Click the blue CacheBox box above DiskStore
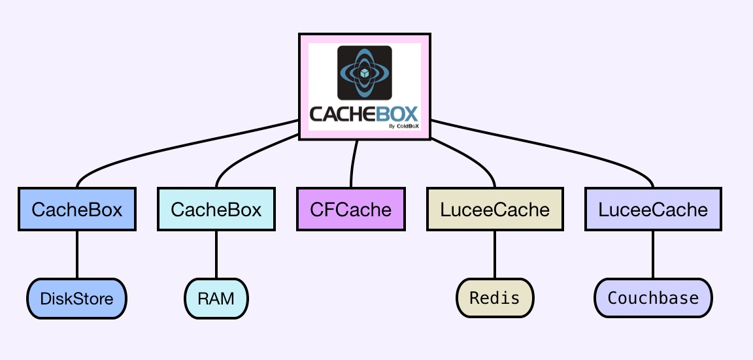pos(77,210)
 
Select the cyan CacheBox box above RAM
pos(216,210)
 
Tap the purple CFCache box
pos(351,210)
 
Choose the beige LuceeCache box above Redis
pos(495,210)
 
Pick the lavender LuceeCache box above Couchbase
pos(653,210)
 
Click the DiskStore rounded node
pos(76,299)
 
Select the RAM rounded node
pos(216,299)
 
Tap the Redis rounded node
pos(495,298)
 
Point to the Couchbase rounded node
pos(653,298)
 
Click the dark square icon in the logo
pos(364,72)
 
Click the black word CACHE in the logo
pos(342,114)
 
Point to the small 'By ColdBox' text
pos(403,126)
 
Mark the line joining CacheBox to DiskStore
pos(77,255)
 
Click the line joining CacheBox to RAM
pos(216,255)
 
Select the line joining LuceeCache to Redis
pos(495,255)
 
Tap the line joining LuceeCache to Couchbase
pos(653,255)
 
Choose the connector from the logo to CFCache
pos(354,163)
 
